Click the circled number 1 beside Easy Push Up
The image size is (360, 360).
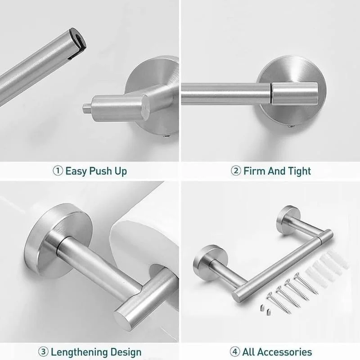click(58, 171)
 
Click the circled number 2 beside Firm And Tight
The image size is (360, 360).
click(236, 171)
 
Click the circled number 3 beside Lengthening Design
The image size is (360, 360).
click(43, 352)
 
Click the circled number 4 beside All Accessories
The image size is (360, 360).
click(235, 352)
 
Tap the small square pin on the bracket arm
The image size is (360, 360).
click(87, 108)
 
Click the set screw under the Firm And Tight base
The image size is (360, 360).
click(291, 126)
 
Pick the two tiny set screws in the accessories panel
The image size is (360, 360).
click(265, 310)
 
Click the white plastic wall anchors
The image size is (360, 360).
click(326, 269)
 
